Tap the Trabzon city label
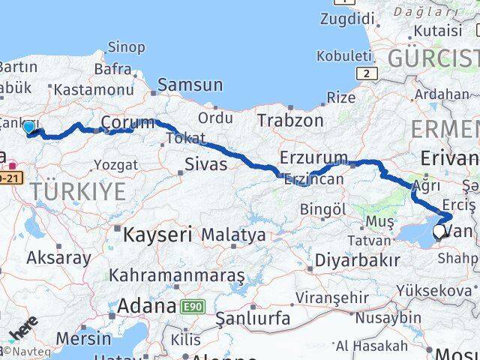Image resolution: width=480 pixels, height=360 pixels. pyautogui.click(x=290, y=120)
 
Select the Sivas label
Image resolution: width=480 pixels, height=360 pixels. pyautogui.click(x=205, y=163)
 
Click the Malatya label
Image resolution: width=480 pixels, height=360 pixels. pyautogui.click(x=233, y=235)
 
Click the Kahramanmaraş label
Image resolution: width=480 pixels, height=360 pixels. pyautogui.click(x=177, y=275)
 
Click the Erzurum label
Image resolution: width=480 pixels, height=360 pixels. pyautogui.click(x=313, y=158)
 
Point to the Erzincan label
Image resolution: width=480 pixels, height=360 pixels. pyautogui.click(x=314, y=179)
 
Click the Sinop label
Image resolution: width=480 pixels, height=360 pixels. pyautogui.click(x=126, y=47)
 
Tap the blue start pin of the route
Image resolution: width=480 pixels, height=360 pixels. pyautogui.click(x=29, y=128)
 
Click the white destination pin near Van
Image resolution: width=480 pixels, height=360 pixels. pyautogui.click(x=439, y=233)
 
